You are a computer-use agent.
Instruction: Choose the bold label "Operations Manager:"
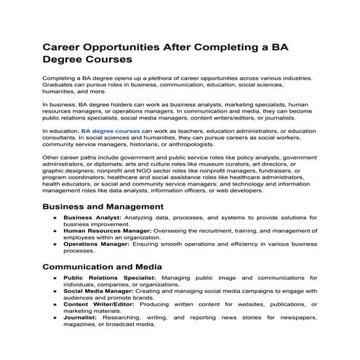pyautogui.click(x=95, y=244)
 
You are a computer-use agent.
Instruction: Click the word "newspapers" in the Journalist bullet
pyautogui.click(x=294, y=318)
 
